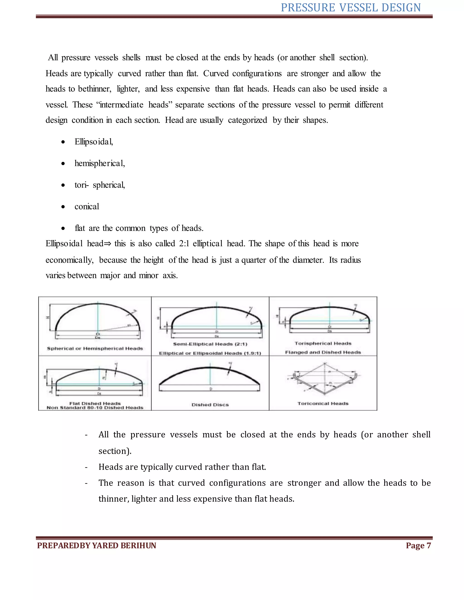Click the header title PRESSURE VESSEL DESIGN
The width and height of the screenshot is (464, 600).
tap(350, 8)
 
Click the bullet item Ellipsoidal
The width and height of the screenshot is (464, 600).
tap(94, 142)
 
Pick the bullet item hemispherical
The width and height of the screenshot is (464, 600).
tap(99, 164)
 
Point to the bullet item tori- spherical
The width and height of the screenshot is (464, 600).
tap(99, 185)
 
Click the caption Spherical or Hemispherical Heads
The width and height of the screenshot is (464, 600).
tap(95, 348)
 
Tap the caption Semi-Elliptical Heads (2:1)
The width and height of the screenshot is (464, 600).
tap(210, 344)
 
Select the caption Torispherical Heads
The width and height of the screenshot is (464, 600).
tap(323, 343)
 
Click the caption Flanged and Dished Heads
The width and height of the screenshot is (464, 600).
tap(323, 352)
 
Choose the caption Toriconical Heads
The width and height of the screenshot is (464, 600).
tap(323, 403)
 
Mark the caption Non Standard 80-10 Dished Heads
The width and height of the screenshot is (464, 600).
tap(95, 408)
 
